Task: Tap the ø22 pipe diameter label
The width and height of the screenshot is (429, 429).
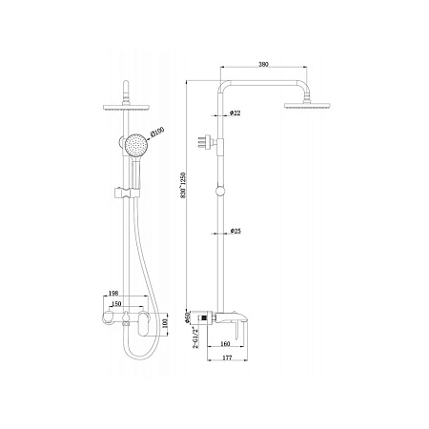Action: pyautogui.click(x=235, y=113)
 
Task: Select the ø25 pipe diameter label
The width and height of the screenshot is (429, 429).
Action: pyautogui.click(x=235, y=231)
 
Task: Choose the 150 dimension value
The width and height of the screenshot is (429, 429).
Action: pyautogui.click(x=116, y=306)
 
